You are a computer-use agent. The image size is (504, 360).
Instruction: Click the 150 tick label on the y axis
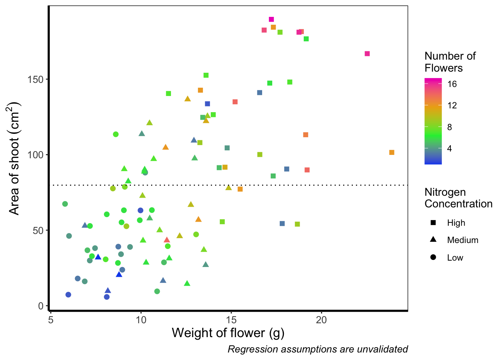(36, 79)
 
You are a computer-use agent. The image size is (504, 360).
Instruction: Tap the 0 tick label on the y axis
(40, 306)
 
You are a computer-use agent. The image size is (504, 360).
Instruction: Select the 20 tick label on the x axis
(321, 320)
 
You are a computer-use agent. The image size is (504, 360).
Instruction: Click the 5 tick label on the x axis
(51, 320)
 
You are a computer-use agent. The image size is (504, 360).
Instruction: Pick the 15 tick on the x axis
(231, 311)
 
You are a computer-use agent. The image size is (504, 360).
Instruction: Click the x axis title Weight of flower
(228, 333)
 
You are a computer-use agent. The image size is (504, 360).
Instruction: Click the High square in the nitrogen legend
(433, 223)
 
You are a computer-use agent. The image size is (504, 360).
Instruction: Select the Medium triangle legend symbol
(433, 240)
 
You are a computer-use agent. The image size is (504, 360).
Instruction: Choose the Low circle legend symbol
(433, 257)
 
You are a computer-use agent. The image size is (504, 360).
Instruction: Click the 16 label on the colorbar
(452, 84)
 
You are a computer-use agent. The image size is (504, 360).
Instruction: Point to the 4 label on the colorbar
(449, 148)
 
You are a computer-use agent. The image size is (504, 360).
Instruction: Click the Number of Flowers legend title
(450, 62)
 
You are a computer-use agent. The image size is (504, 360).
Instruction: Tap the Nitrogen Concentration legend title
(458, 198)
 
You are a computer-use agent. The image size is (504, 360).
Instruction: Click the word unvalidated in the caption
(382, 349)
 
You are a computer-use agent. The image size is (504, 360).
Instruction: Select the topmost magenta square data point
(271, 19)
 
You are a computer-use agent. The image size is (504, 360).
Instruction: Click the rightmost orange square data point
(392, 152)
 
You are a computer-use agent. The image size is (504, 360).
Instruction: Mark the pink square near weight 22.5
(367, 54)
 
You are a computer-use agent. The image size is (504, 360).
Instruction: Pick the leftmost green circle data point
(65, 204)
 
